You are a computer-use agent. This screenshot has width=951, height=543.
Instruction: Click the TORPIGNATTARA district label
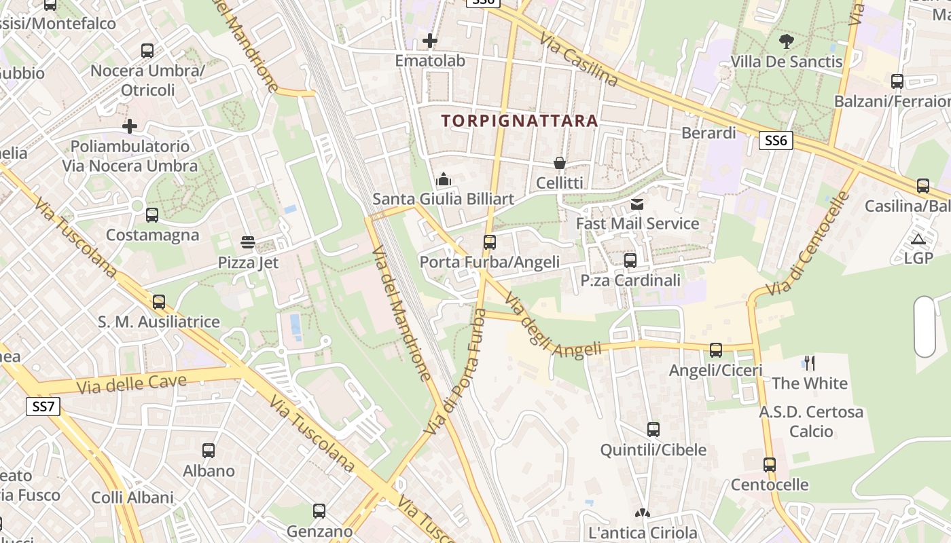click(520, 121)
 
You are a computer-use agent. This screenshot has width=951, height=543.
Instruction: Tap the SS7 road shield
click(43, 407)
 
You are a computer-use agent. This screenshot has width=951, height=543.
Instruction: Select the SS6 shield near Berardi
click(775, 141)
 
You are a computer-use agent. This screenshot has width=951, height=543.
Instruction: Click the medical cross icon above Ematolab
click(429, 41)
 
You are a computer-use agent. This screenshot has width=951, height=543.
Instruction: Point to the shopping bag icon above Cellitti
click(559, 163)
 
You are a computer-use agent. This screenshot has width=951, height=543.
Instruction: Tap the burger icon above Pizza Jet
click(247, 242)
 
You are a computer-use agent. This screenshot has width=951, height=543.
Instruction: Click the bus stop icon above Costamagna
click(152, 215)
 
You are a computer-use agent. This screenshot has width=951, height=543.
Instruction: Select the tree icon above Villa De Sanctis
click(787, 41)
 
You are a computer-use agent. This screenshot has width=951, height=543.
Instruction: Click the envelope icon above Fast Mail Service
click(636, 204)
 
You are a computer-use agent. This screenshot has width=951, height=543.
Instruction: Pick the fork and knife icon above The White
click(809, 363)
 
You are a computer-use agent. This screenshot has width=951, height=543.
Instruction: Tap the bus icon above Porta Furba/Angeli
click(489, 242)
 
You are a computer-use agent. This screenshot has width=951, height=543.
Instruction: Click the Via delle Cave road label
click(132, 384)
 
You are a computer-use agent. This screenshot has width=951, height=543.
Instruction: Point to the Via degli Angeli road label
click(553, 328)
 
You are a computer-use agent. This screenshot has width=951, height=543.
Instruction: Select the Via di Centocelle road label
click(808, 244)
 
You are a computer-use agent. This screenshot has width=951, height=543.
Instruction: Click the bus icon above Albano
click(209, 451)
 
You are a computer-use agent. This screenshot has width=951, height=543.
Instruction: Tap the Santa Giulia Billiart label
click(443, 200)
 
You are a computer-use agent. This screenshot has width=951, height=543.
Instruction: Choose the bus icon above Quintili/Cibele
click(653, 430)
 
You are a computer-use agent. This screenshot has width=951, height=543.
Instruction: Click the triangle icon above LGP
click(918, 238)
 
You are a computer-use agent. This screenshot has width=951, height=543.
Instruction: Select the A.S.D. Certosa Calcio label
click(811, 422)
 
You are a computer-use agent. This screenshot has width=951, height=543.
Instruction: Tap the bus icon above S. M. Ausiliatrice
click(159, 302)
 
